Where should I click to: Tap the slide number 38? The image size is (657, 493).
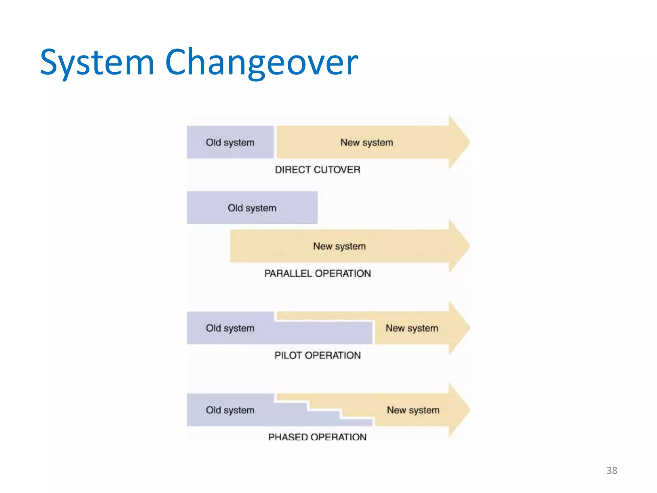(x=611, y=471)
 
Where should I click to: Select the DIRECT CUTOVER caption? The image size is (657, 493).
(x=317, y=169)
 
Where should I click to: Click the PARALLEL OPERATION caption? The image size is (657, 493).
(x=317, y=273)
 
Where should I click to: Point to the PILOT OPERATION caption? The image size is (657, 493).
(x=317, y=355)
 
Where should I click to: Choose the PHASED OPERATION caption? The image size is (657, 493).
(x=317, y=437)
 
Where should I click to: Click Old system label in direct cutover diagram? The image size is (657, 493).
(x=230, y=143)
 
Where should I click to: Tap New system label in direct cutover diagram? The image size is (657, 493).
(x=367, y=143)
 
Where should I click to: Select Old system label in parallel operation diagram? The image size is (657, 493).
(x=252, y=208)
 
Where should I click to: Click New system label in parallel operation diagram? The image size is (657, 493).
(x=339, y=246)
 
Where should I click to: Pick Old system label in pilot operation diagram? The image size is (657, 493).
(x=230, y=328)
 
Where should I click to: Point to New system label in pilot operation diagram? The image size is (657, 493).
(x=412, y=328)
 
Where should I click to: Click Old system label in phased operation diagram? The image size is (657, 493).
(x=230, y=410)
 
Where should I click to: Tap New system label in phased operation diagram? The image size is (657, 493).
(x=413, y=410)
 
